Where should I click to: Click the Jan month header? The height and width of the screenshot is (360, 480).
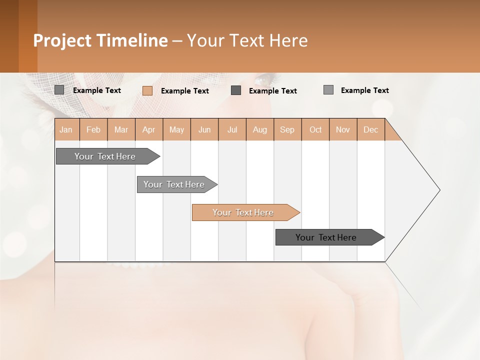(66, 129)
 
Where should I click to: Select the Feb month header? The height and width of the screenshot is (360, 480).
(93, 129)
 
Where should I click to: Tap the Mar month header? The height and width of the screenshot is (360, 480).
(121, 129)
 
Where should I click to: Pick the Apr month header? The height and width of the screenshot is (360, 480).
(149, 129)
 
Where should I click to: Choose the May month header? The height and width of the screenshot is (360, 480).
(176, 129)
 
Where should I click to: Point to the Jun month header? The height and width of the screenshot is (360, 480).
(204, 129)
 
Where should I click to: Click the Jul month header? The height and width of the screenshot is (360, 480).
(232, 129)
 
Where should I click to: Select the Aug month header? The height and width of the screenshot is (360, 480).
(260, 129)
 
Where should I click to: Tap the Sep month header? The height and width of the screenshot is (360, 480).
(287, 129)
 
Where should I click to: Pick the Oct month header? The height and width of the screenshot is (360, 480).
(315, 129)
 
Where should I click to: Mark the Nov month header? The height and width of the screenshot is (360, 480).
(343, 129)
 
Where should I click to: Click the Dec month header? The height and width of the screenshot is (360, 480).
(371, 129)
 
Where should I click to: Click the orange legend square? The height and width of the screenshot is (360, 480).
(147, 90)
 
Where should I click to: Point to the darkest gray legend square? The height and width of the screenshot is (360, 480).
(236, 90)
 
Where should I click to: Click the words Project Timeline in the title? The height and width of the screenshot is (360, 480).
(100, 40)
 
